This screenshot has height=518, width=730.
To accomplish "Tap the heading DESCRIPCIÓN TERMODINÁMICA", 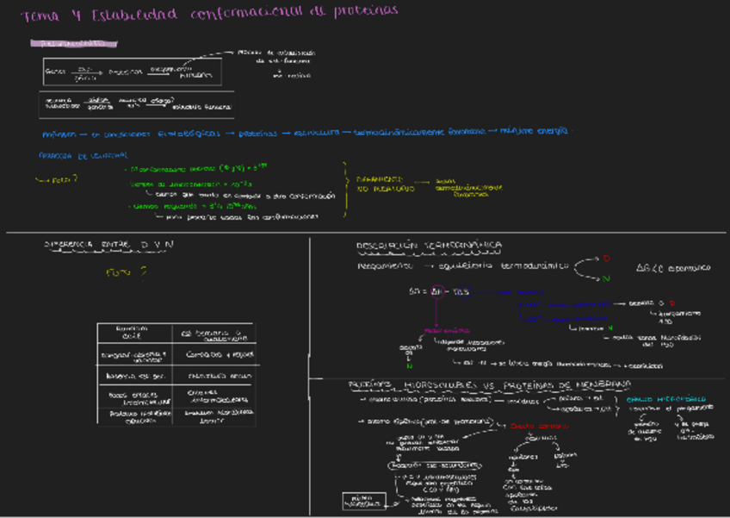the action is pyautogui.click(x=429, y=247).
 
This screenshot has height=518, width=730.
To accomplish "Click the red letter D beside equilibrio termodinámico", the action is pyautogui.click(x=605, y=258).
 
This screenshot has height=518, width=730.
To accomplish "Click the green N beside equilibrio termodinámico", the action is pyautogui.click(x=606, y=278).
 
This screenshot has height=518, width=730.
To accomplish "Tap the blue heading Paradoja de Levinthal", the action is pyautogui.click(x=84, y=155).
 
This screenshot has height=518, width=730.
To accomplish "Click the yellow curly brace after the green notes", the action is pyautogui.click(x=346, y=190).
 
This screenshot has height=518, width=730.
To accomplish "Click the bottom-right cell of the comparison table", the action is pyautogui.click(x=213, y=416).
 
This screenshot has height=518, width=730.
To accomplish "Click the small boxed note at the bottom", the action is pyautogui.click(x=362, y=500).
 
